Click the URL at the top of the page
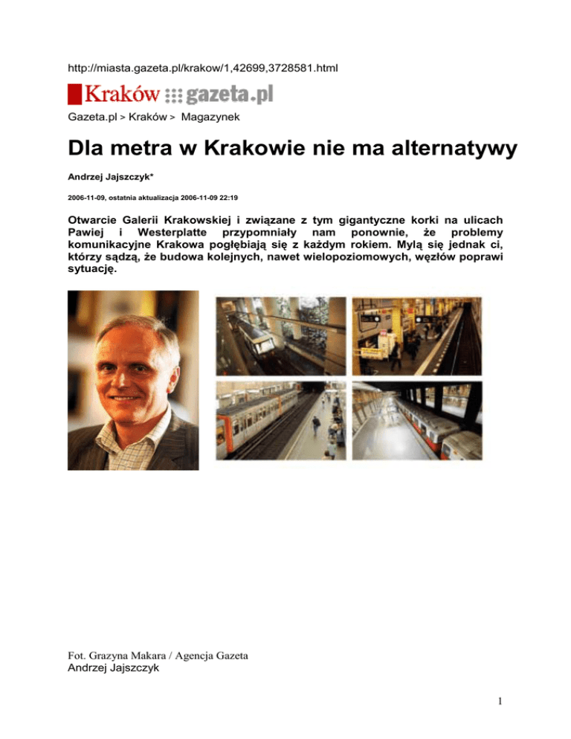point(202,69)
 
